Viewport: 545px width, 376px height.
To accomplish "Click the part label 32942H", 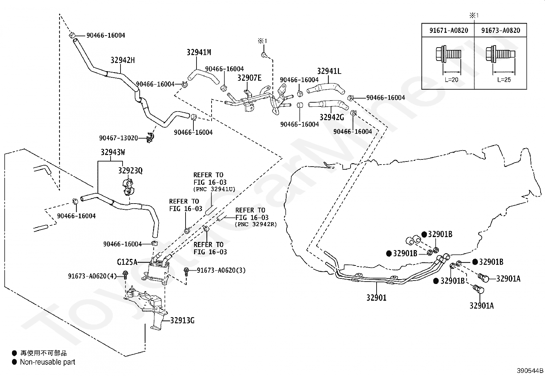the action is (x=123, y=60).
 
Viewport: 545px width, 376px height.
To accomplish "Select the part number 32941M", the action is (x=199, y=52).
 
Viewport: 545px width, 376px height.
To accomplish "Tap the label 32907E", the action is (x=249, y=78).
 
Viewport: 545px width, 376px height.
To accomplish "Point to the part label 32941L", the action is (x=329, y=71).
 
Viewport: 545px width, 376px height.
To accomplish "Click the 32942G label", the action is (x=332, y=117).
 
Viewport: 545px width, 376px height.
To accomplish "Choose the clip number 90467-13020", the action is (x=118, y=138).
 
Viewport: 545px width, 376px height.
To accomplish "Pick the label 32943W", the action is (x=113, y=152).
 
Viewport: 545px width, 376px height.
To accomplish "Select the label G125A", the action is (x=127, y=262).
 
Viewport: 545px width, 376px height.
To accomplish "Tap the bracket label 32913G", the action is (x=182, y=321).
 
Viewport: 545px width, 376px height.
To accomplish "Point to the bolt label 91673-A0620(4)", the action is (x=92, y=276).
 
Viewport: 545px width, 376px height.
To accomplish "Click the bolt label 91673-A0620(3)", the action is (x=221, y=270).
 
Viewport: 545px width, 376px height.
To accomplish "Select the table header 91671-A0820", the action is (x=449, y=30).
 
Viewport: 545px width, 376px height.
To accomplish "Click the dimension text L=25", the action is (x=504, y=80).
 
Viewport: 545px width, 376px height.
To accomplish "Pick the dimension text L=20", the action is (x=451, y=80).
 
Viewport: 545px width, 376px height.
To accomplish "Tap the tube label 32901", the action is (x=376, y=298).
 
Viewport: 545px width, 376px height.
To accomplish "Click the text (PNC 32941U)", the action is (x=214, y=189).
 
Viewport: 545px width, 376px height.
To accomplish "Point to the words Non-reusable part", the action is (x=48, y=362).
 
